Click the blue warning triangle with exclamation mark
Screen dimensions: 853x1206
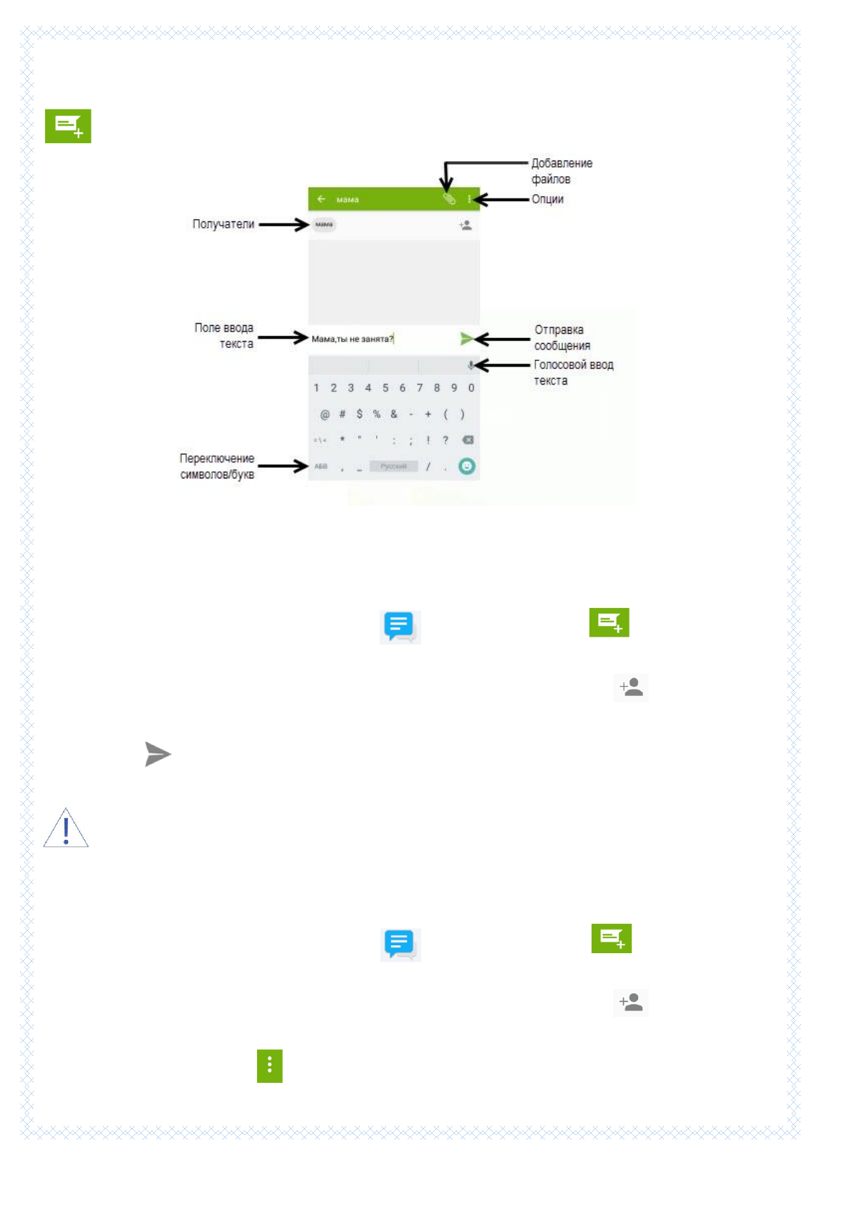66,829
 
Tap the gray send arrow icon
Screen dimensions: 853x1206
157,754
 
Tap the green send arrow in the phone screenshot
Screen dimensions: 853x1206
466,338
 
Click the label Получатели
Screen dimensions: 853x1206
223,224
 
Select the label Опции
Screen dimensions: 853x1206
547,199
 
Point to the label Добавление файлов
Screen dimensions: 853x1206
561,171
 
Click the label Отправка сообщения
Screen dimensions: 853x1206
562,337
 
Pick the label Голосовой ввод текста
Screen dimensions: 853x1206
572,372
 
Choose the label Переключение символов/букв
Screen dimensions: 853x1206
216,466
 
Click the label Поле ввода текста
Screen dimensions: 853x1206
224,335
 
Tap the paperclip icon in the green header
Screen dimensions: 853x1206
449,199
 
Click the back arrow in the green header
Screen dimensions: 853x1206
322,199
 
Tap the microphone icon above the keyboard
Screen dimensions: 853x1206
471,365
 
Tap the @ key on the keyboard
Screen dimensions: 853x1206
324,414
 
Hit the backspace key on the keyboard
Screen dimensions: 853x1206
468,440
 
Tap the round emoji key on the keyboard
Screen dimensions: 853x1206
467,466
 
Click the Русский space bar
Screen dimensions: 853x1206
393,466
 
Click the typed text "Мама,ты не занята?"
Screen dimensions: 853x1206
352,339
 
